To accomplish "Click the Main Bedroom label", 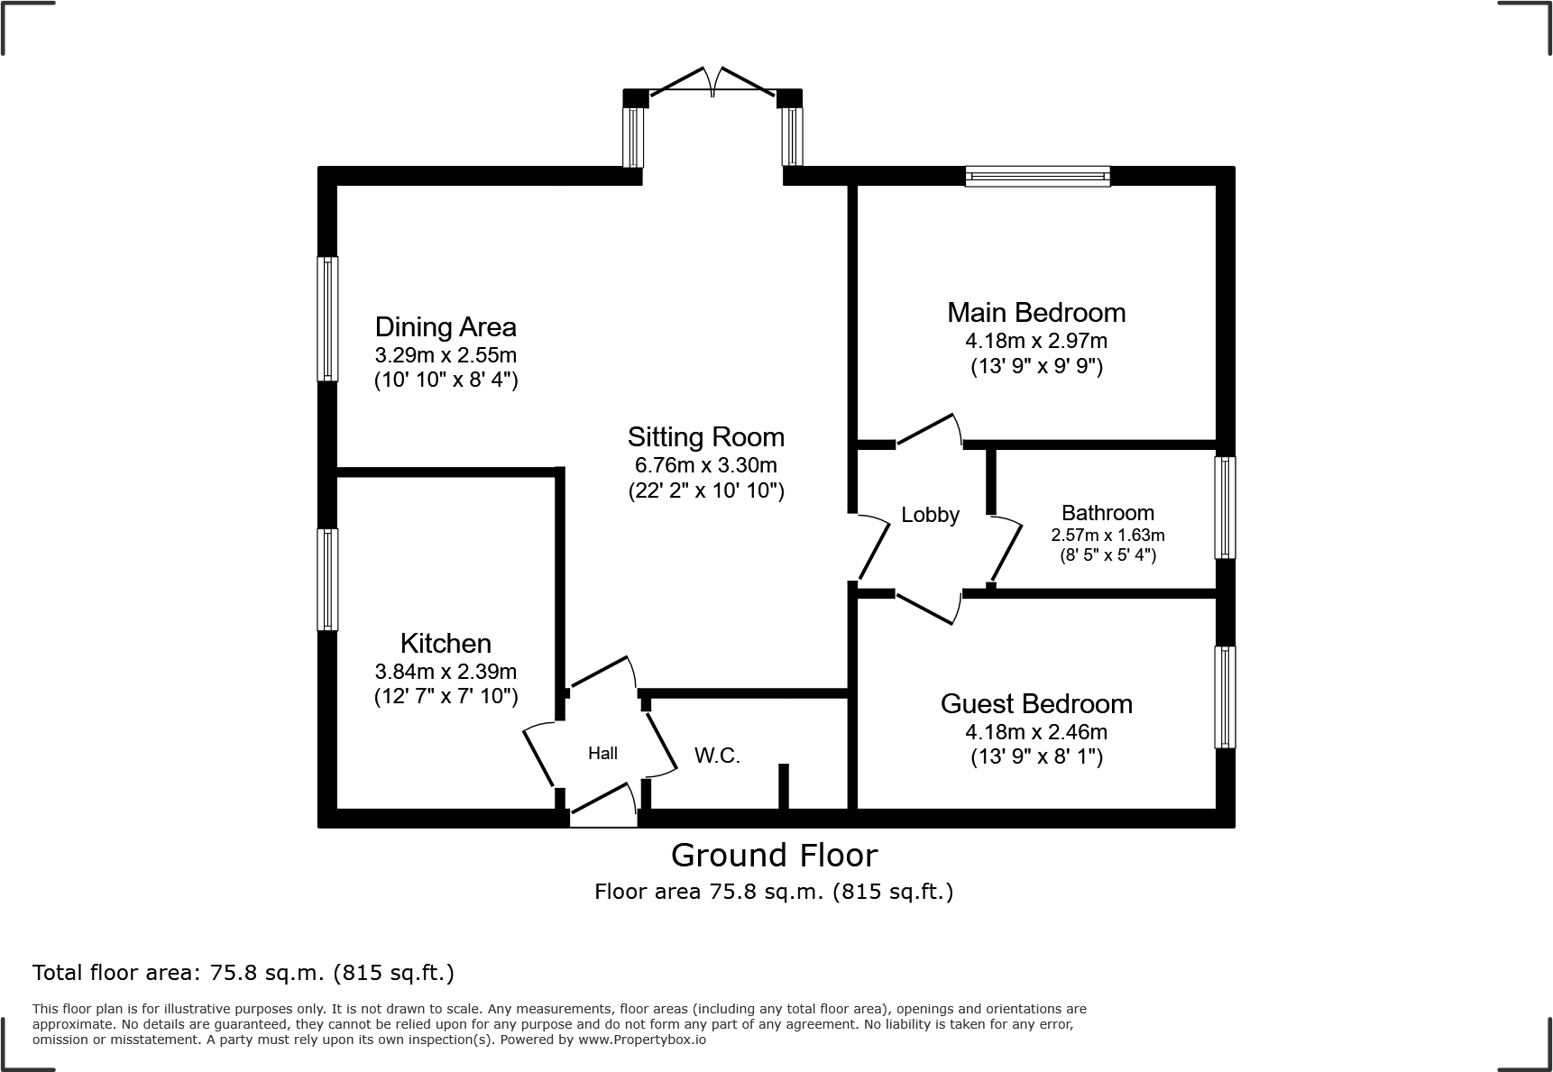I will point(1036,313).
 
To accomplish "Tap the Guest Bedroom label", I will point(1036,703).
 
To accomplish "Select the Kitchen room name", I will point(446,643).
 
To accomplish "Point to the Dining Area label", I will point(446,326).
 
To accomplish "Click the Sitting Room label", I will point(706,437).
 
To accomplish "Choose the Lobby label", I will point(930,515).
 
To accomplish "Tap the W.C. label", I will point(717,756).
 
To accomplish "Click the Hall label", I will point(602,753).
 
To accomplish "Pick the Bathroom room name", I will point(1107,513).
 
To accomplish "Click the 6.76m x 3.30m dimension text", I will point(706,466).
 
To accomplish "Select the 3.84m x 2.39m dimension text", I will point(446,672).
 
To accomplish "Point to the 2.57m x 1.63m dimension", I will point(1107,535).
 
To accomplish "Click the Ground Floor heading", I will point(774,855).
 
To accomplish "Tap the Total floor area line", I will point(244,973).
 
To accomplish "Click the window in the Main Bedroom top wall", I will point(1037,176).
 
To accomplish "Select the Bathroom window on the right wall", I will point(1225,508).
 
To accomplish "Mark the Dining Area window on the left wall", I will point(328,318).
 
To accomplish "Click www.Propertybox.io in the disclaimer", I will point(641,1040).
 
